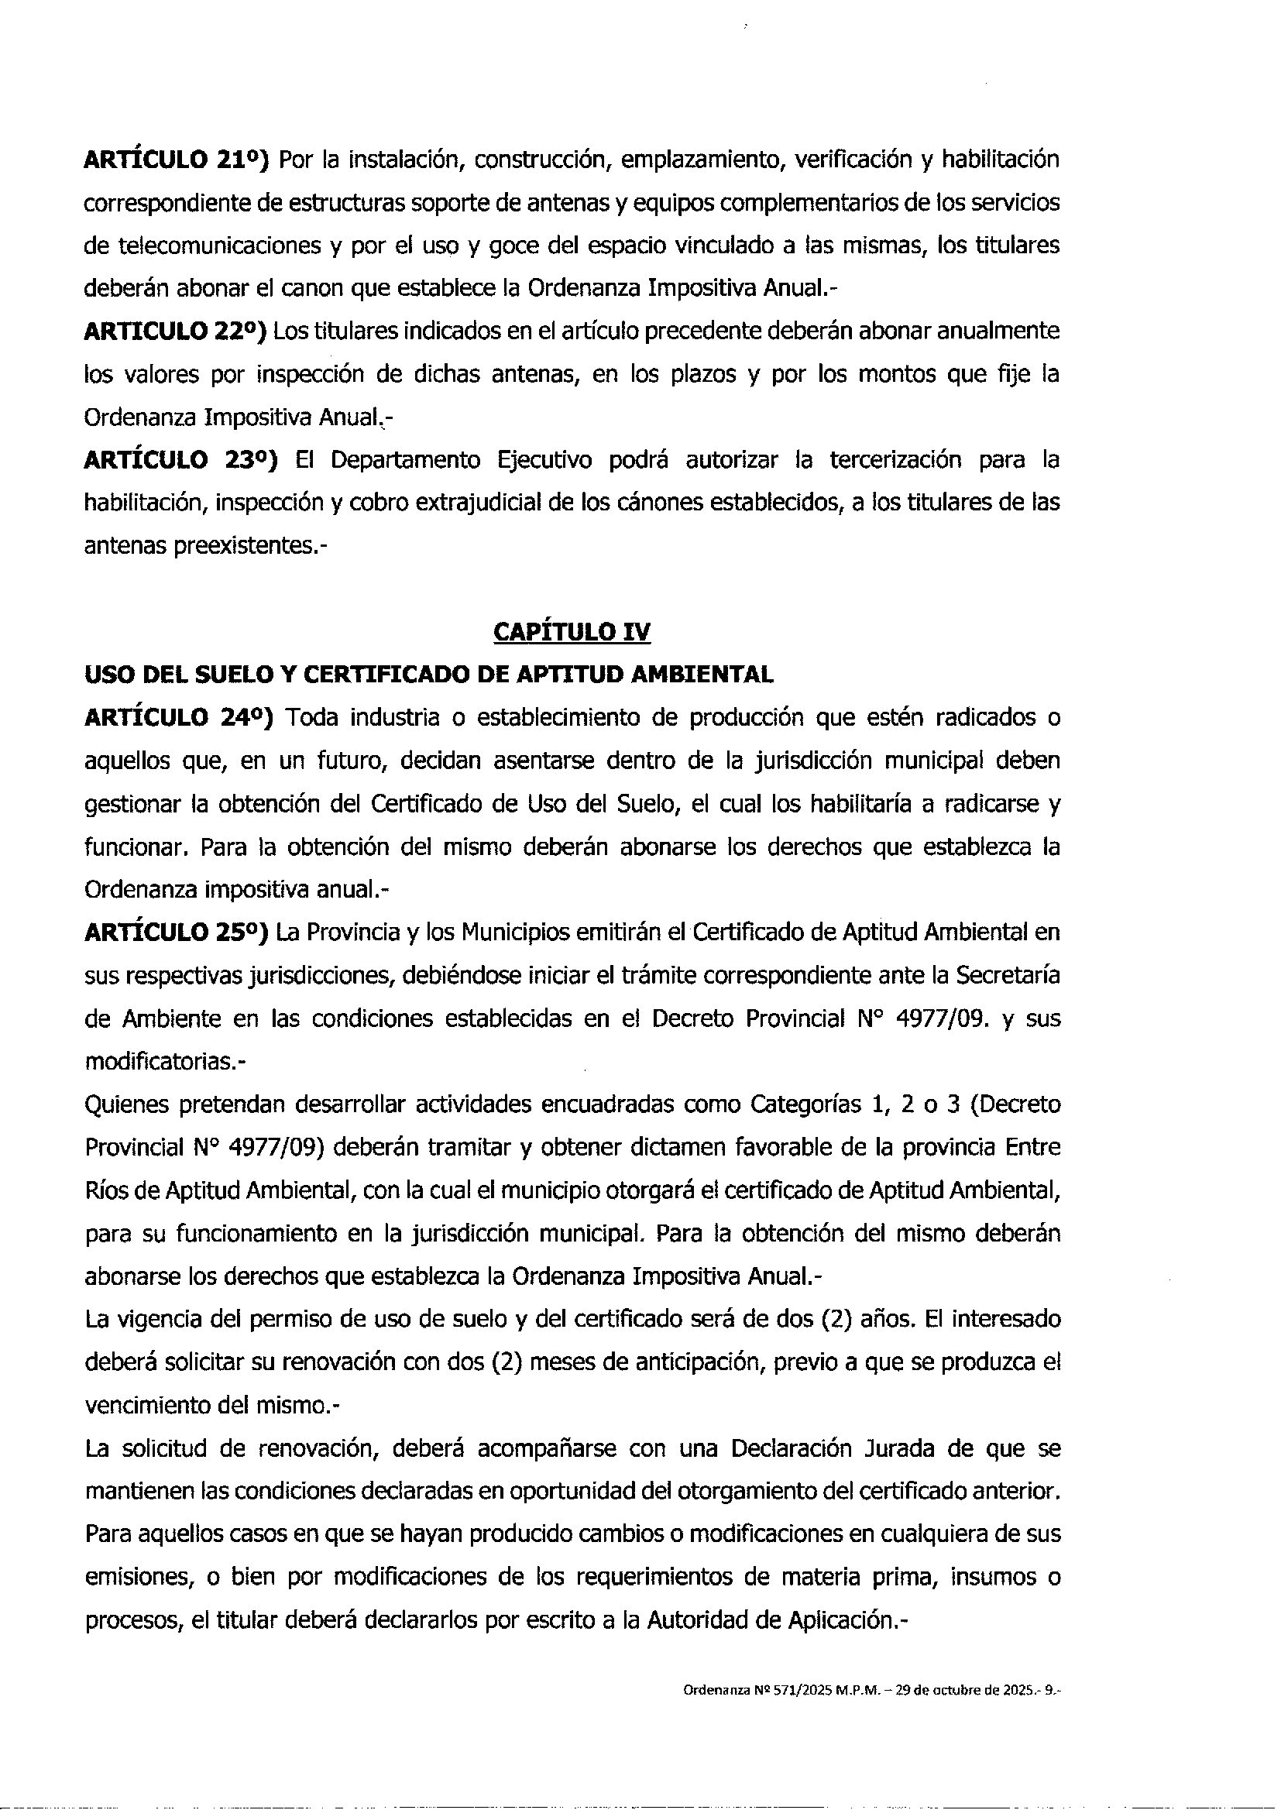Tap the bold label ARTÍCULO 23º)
click(180, 460)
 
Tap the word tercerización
click(895, 460)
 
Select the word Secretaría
click(1008, 976)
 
